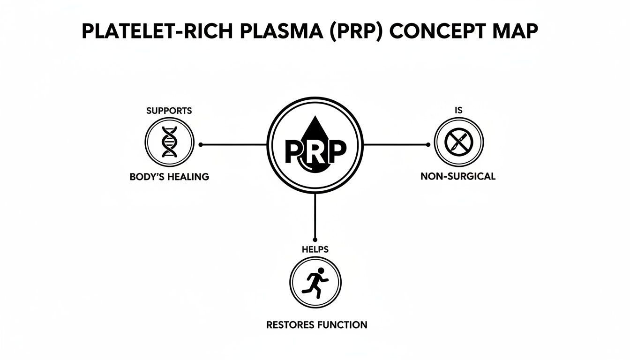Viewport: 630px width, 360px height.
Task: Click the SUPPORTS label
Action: tap(169, 111)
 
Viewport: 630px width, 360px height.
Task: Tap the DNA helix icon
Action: tap(169, 142)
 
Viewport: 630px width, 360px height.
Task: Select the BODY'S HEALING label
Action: tap(169, 177)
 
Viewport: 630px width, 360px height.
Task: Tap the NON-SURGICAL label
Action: tap(458, 177)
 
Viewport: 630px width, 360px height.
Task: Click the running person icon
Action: tap(315, 283)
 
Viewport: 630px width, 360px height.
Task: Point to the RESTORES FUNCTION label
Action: tap(317, 324)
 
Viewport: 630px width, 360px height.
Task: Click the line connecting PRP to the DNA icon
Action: tap(234, 145)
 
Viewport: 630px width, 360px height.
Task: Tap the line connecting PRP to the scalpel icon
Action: tap(396, 145)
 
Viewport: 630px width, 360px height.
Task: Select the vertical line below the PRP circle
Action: tap(315, 216)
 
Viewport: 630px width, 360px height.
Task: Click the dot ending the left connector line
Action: tap(201, 145)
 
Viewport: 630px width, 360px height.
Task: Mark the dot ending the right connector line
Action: tap(427, 145)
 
